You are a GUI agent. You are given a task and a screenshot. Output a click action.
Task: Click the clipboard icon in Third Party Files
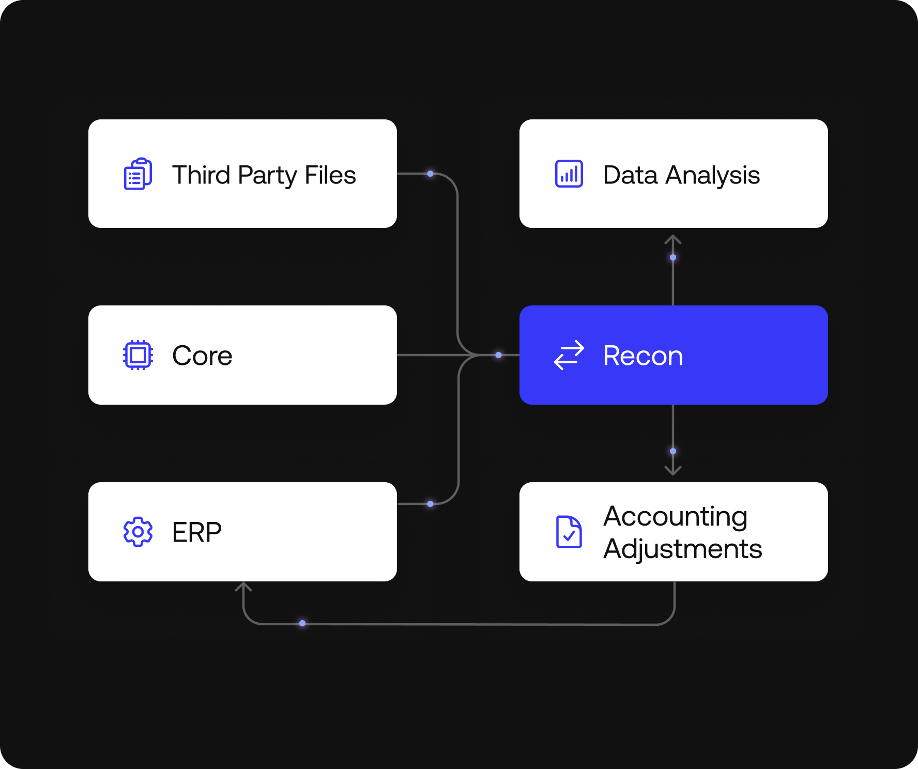[x=138, y=174]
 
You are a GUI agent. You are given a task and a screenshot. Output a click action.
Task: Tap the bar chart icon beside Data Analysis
[x=569, y=174]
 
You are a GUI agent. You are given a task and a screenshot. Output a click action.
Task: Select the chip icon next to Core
[x=138, y=355]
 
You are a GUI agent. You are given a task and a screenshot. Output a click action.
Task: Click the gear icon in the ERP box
[x=138, y=532]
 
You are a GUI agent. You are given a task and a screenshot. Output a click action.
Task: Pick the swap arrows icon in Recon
[x=569, y=355]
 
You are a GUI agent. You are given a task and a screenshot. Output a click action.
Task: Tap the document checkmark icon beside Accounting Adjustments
[x=569, y=532]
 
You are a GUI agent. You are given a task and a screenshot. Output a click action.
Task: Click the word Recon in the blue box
[x=643, y=356]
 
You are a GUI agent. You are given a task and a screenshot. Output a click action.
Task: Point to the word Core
[x=202, y=356]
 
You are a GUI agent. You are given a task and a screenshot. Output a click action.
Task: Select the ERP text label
[x=197, y=532]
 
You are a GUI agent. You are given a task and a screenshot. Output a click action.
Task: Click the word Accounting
[x=676, y=516]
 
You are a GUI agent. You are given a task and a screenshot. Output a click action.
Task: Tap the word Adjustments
[x=683, y=549]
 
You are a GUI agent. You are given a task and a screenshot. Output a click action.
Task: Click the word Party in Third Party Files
[x=267, y=176]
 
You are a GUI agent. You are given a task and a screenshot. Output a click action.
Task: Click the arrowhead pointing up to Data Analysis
[x=673, y=239]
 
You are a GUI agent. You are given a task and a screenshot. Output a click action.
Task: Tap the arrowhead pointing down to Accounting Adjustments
[x=673, y=470]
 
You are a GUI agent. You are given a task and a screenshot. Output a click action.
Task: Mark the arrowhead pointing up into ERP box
[x=243, y=587]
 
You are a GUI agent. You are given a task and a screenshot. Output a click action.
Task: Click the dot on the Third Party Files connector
[x=430, y=174]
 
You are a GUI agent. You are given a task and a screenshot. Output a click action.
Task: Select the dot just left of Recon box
[x=498, y=355]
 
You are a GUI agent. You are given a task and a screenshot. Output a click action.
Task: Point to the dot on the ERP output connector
[x=430, y=503]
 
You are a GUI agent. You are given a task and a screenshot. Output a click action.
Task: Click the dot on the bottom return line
[x=302, y=623]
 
